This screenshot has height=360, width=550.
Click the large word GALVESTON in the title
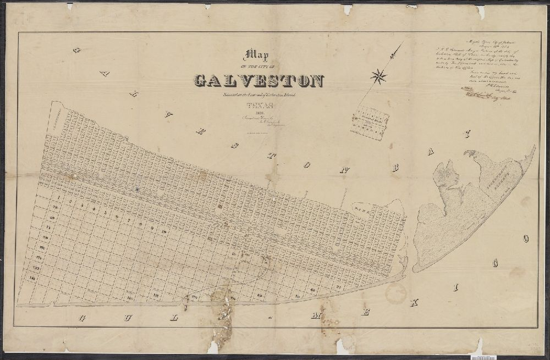point(258,81)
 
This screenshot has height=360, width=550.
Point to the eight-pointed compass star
point(378,76)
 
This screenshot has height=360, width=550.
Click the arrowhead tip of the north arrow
point(394,51)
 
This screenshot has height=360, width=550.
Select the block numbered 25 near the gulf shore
point(339,286)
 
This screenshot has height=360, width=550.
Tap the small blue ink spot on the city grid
point(136,189)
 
